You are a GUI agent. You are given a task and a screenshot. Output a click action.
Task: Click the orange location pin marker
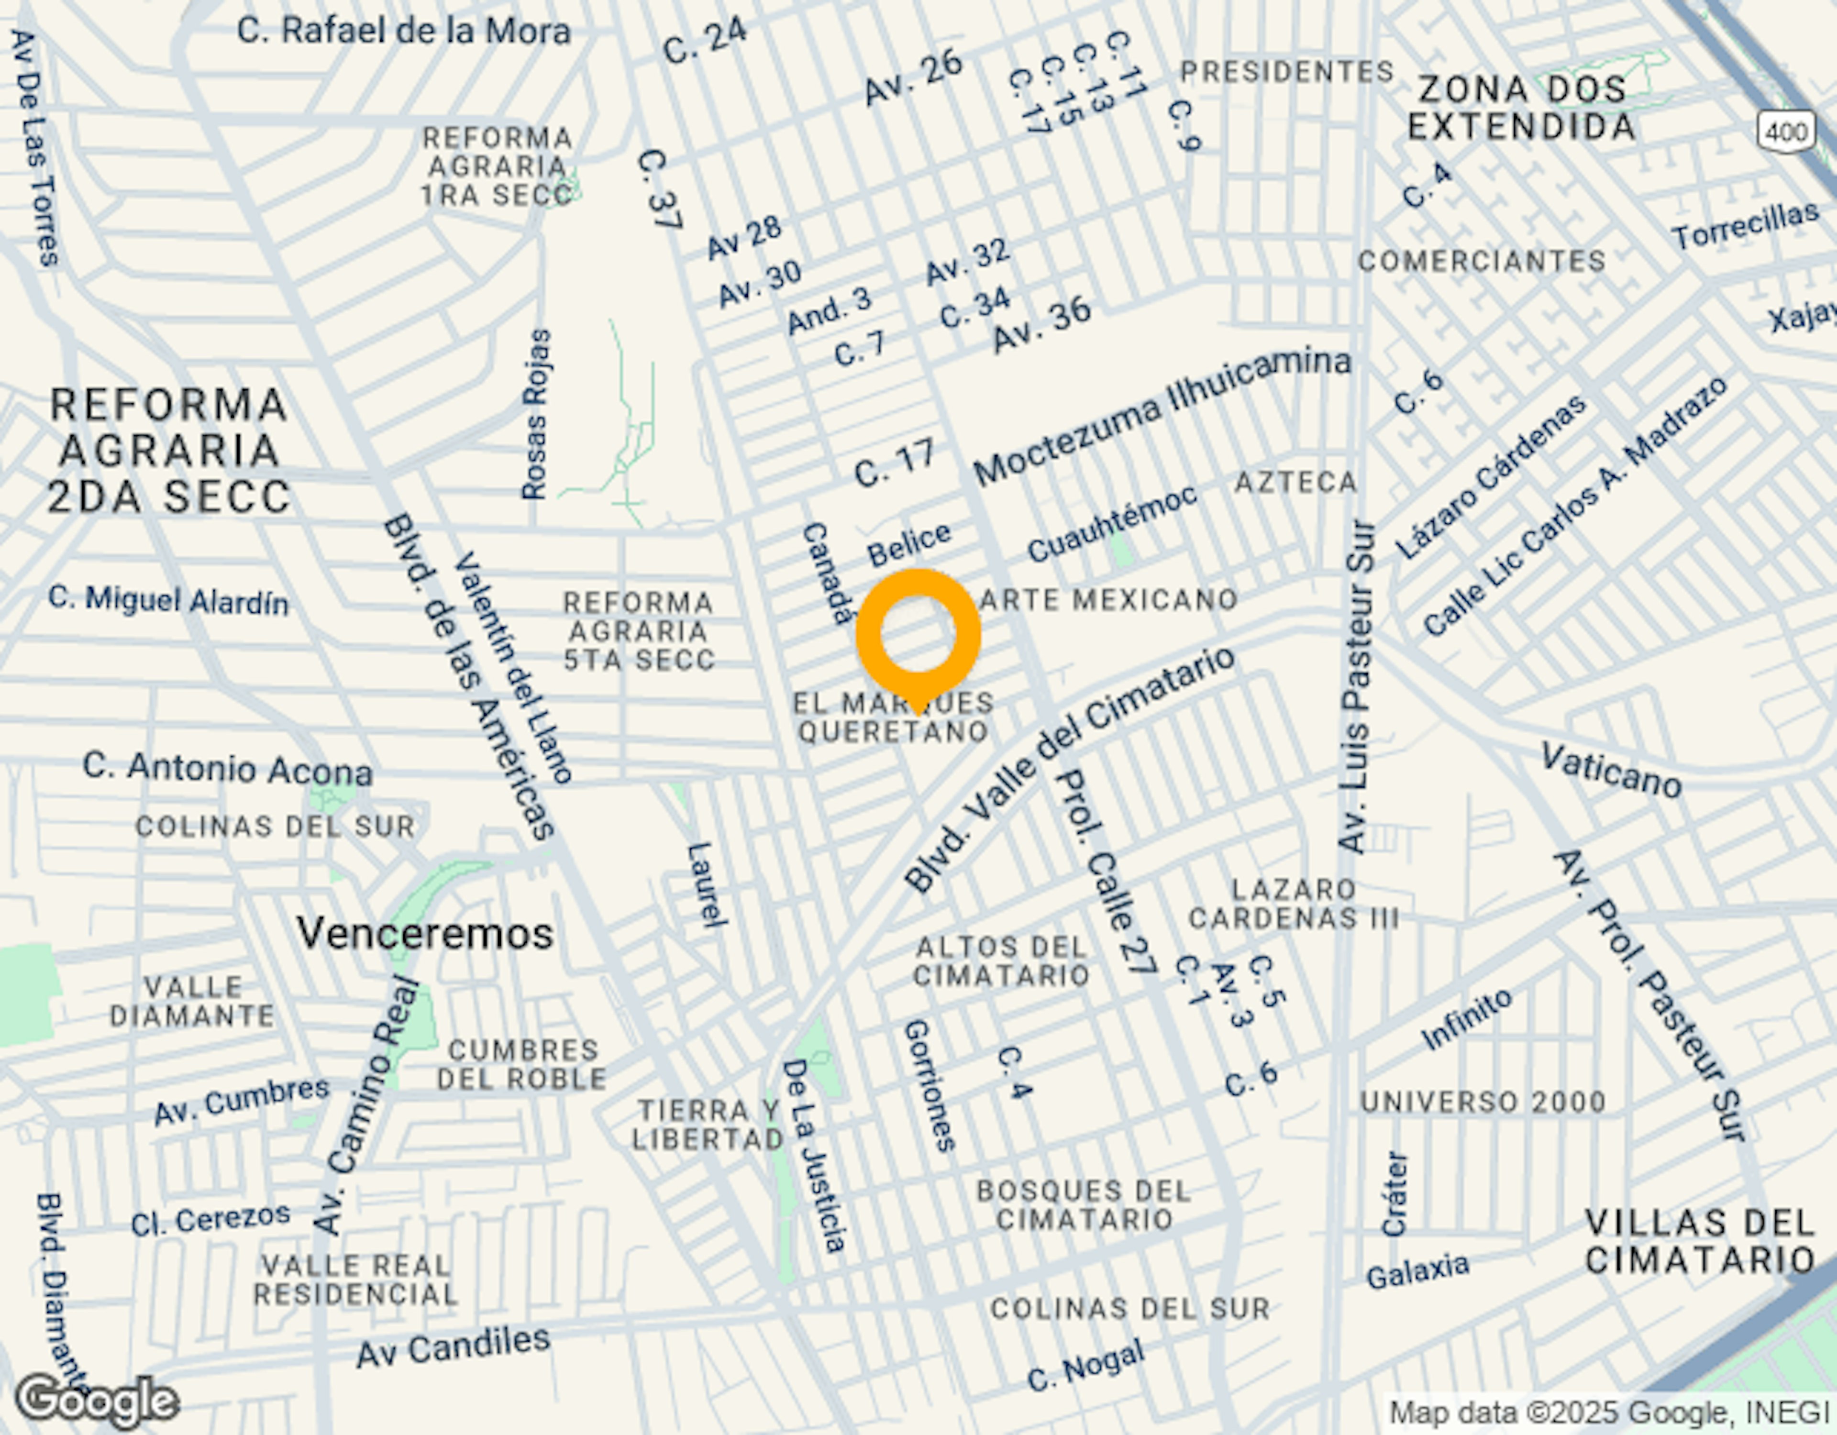[918, 635]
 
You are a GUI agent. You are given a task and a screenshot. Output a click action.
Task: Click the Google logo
[97, 1401]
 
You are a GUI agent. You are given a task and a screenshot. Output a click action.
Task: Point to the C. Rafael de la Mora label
[404, 31]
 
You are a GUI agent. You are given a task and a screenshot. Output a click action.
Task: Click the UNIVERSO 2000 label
[1483, 1102]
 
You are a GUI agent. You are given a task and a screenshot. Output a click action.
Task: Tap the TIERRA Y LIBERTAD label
[708, 1125]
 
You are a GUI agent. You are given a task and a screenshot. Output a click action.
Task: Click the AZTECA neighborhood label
[1295, 483]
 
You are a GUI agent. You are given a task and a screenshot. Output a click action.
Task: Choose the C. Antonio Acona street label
[227, 769]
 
